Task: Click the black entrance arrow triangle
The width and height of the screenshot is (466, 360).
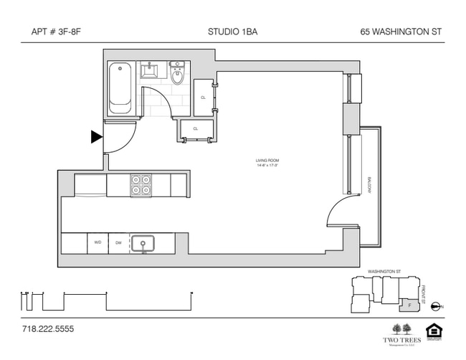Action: click(96, 137)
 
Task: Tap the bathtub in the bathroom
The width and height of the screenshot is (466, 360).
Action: click(120, 89)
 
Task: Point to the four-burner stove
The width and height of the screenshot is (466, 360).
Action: click(140, 185)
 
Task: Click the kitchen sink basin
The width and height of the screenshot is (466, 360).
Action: click(144, 243)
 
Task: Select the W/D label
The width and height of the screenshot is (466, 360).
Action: click(98, 242)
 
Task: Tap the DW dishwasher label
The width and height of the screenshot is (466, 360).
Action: click(118, 242)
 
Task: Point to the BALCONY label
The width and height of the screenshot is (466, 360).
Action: click(370, 188)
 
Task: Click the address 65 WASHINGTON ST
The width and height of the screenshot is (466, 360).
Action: click(401, 32)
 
